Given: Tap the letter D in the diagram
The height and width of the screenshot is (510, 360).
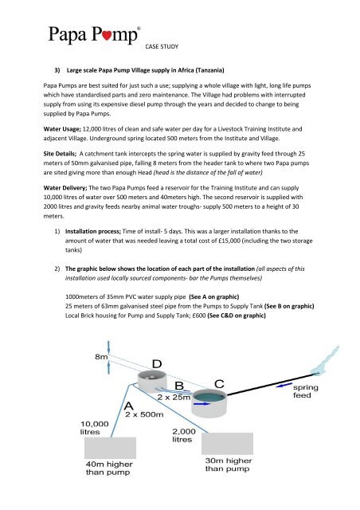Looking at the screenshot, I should click(158, 363).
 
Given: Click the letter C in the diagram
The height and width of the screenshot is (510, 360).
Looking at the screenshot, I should click(217, 385).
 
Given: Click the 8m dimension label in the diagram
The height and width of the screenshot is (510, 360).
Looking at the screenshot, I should click(102, 357).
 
